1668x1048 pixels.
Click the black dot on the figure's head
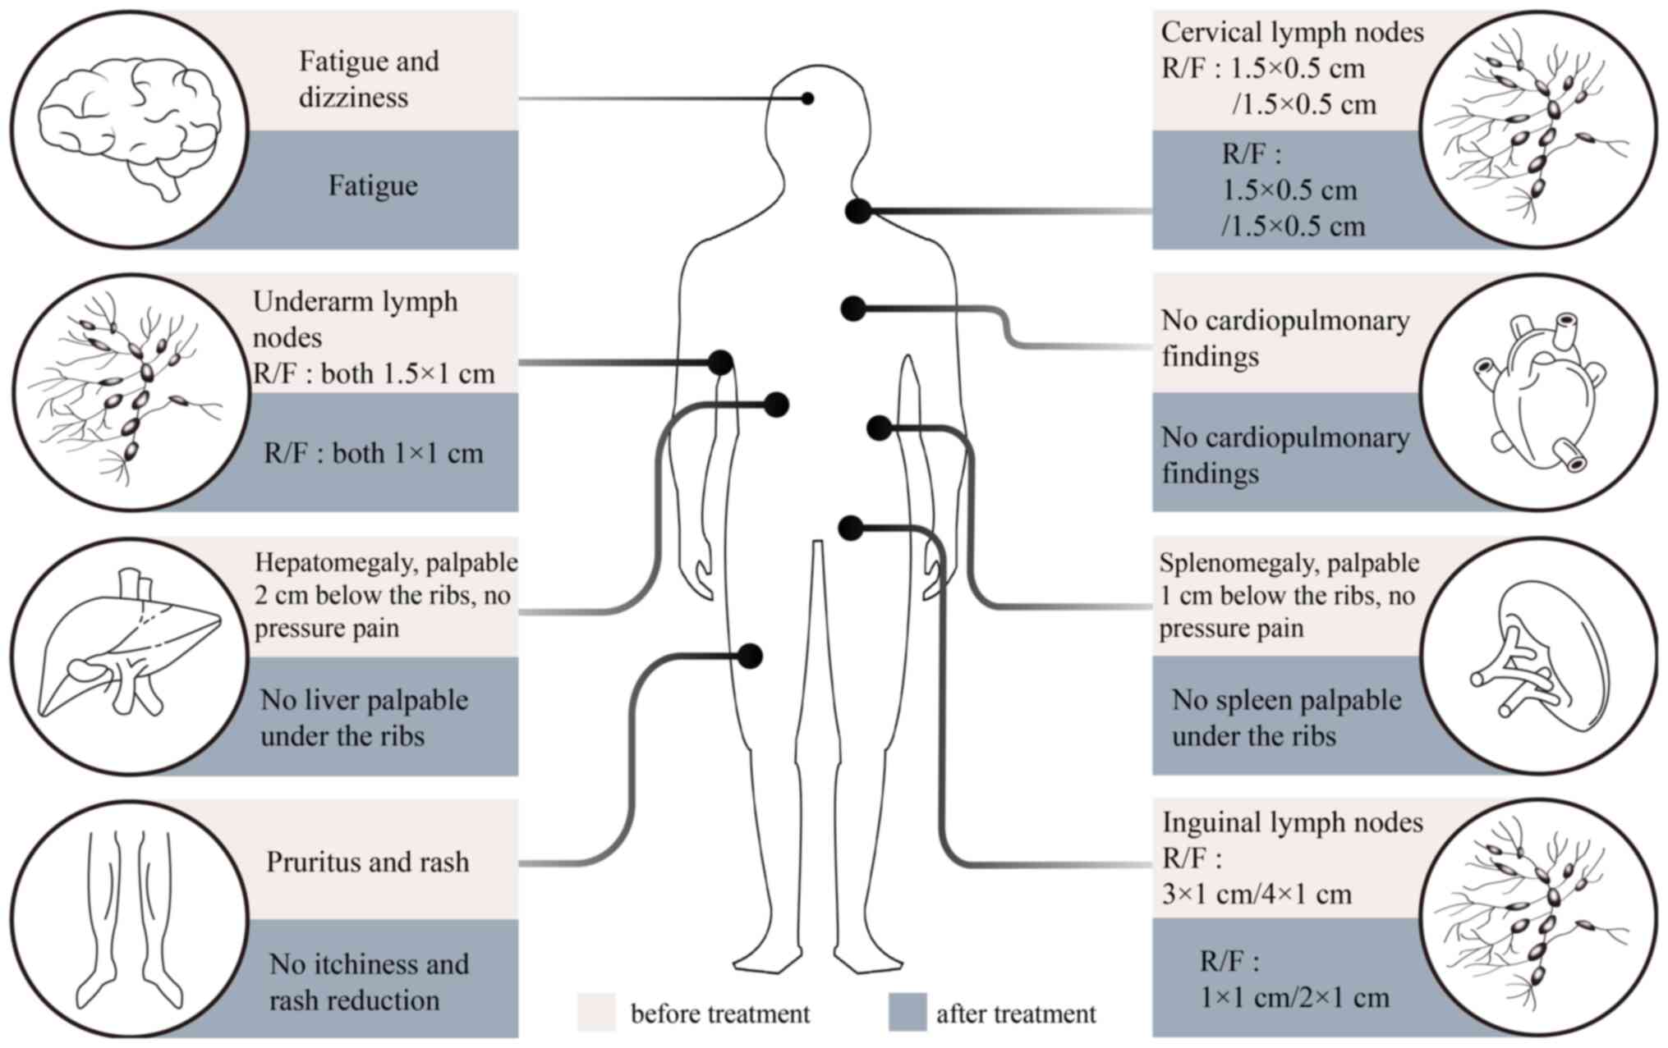(x=808, y=98)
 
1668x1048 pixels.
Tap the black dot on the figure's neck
(x=858, y=211)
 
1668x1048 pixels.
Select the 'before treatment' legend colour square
(x=596, y=1012)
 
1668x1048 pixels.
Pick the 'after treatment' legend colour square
(x=908, y=1012)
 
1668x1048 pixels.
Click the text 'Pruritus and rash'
(x=368, y=862)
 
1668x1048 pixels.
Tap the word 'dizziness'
(x=353, y=98)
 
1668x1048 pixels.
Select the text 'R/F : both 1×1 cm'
(x=374, y=453)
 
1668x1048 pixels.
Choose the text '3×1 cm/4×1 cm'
(x=1257, y=894)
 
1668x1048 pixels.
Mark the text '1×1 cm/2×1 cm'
(x=1294, y=997)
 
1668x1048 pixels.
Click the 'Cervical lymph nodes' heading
(x=1292, y=32)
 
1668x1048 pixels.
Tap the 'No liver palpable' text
(x=365, y=700)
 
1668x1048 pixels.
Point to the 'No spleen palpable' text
(x=1286, y=700)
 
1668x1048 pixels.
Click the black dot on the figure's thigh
(x=750, y=656)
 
